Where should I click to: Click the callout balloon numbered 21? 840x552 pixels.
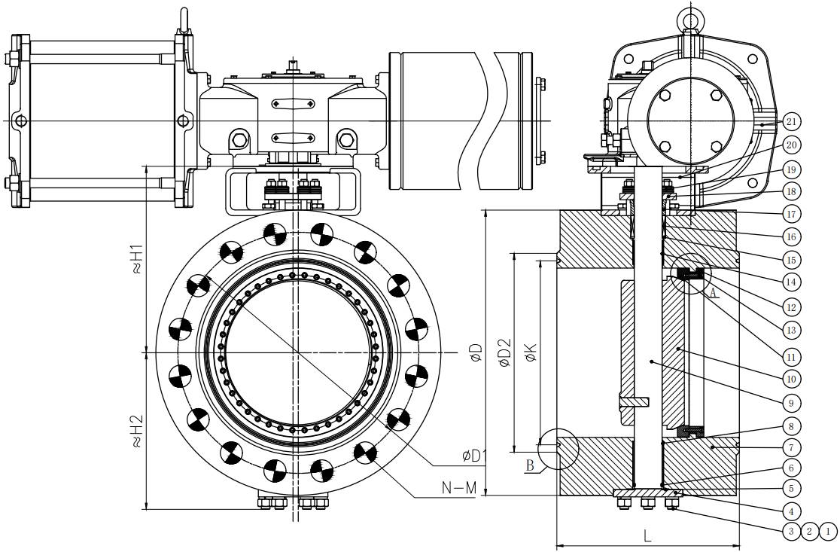(x=791, y=122)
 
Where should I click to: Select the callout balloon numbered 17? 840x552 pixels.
(x=791, y=215)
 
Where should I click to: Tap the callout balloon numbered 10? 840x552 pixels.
(x=791, y=379)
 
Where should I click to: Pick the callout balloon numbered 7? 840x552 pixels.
(x=791, y=447)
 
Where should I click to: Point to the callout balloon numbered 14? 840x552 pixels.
(x=791, y=282)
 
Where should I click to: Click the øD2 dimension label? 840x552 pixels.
(x=504, y=353)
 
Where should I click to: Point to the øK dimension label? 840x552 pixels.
(x=531, y=352)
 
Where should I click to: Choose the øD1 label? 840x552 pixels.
(x=474, y=456)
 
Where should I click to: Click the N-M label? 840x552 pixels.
(x=459, y=488)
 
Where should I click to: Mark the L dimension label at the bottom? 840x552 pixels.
(x=647, y=536)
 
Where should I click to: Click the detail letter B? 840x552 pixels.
(x=530, y=465)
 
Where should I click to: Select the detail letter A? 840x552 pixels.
(x=713, y=293)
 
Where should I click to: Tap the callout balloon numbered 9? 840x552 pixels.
(x=791, y=402)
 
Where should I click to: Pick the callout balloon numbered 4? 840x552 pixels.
(x=791, y=510)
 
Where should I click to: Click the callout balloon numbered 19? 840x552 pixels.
(x=791, y=170)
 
